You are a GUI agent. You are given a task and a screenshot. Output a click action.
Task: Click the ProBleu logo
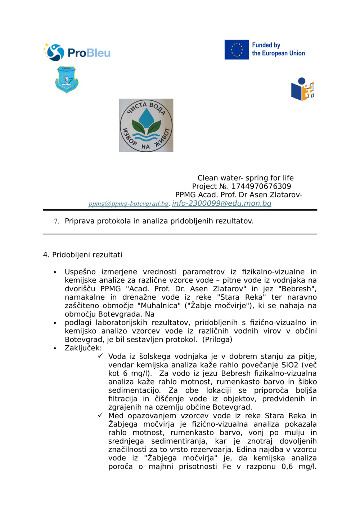click(x=77, y=53)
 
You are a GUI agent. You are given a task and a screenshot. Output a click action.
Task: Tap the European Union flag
click(x=237, y=50)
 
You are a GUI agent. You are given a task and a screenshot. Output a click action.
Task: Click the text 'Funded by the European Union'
click(x=278, y=49)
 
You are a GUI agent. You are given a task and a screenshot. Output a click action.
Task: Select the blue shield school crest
click(x=67, y=79)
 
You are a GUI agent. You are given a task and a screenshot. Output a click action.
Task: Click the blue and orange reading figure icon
click(x=302, y=89)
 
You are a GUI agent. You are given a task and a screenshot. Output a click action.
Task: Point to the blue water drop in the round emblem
click(x=146, y=118)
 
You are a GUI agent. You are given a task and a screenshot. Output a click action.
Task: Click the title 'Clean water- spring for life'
click(x=245, y=178)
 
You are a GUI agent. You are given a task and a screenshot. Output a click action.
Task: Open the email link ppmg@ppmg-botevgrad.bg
click(x=129, y=204)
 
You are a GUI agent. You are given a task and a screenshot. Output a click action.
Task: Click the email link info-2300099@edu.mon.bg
click(x=221, y=203)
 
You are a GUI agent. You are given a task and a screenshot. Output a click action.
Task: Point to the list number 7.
click(x=56, y=221)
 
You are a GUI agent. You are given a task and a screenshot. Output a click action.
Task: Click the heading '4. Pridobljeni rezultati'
click(x=82, y=255)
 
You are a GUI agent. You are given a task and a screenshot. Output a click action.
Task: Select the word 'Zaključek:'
click(x=83, y=348)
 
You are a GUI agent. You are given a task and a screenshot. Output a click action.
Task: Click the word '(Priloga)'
click(x=217, y=340)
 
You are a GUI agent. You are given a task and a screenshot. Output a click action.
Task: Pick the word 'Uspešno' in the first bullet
click(x=80, y=272)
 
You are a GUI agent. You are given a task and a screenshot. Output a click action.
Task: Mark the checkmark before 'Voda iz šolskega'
click(x=100, y=356)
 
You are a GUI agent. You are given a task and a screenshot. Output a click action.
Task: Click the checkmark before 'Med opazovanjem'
click(x=100, y=415)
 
